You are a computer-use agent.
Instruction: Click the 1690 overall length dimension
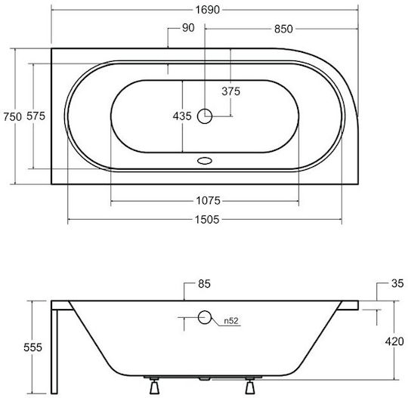click(x=207, y=10)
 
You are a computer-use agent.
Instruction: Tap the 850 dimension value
click(x=283, y=29)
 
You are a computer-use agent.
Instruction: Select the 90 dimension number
click(x=188, y=28)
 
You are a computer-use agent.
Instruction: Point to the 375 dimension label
click(x=230, y=91)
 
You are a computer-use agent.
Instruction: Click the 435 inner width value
click(x=182, y=116)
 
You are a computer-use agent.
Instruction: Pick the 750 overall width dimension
click(x=12, y=117)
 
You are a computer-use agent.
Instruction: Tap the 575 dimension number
click(x=36, y=116)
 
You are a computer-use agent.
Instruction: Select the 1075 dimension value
click(x=208, y=201)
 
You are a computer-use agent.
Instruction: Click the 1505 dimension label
click(x=207, y=220)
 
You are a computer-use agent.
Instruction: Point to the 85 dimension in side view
click(x=204, y=284)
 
